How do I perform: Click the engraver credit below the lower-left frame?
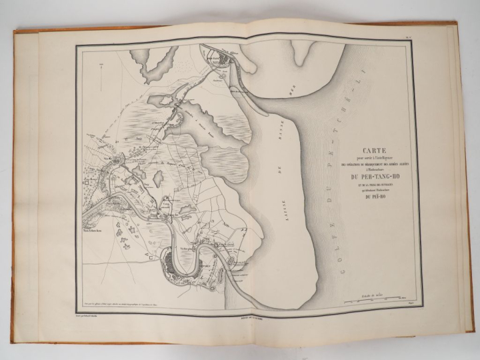[x=95, y=311]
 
